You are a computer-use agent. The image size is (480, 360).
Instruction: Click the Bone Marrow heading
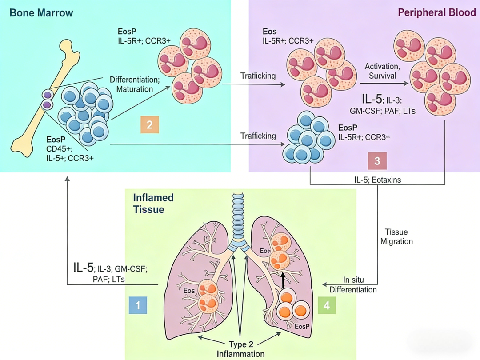click(x=41, y=13)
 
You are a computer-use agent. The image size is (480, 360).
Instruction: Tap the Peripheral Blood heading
click(x=437, y=12)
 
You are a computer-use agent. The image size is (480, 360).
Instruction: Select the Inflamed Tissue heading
click(x=153, y=204)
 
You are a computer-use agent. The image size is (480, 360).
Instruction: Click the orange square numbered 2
click(x=150, y=124)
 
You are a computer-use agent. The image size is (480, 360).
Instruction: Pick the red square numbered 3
click(x=377, y=161)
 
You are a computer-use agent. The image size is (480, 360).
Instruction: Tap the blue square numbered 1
click(x=138, y=305)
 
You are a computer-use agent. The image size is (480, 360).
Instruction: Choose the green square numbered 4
click(x=327, y=305)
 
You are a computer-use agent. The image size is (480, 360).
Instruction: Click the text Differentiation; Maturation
click(x=135, y=84)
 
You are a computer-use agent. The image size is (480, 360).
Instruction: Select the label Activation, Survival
click(x=382, y=71)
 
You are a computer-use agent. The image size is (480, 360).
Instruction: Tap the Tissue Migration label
click(x=396, y=236)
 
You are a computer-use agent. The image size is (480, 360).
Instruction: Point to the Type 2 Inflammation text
click(x=240, y=349)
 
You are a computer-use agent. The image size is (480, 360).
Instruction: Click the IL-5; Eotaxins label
click(x=377, y=180)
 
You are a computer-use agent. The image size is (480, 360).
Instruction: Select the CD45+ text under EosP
click(x=59, y=149)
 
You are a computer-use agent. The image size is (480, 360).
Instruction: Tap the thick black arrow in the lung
click(x=283, y=280)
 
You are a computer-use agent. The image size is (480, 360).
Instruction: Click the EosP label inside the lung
click(x=302, y=327)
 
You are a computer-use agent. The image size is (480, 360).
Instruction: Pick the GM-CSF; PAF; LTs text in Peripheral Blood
click(x=382, y=111)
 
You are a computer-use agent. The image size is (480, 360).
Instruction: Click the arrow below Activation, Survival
click(x=384, y=83)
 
